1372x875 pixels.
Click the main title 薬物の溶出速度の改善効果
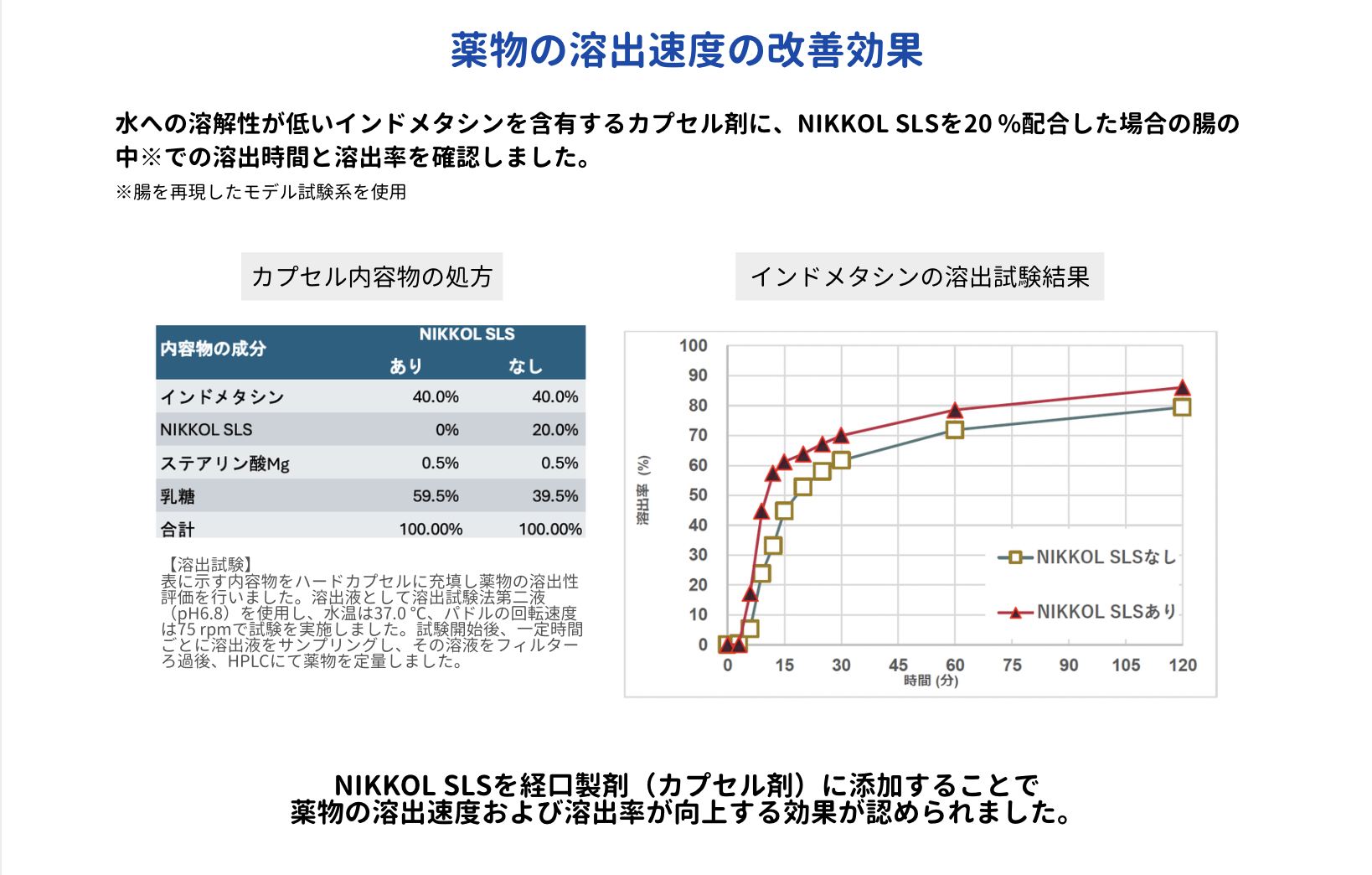point(686,50)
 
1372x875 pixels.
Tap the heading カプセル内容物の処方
point(371,277)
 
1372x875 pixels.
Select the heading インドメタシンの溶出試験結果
point(919,277)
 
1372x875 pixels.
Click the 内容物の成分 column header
point(213,349)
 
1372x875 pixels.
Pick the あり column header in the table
point(405,366)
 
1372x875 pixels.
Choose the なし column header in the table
point(525,366)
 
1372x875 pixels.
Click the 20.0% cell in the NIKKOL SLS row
point(555,430)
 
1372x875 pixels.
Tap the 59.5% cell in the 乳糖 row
point(436,496)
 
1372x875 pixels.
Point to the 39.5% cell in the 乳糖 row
point(555,496)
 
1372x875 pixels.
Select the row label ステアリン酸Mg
point(224,463)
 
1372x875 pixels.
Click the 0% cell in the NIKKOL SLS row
point(446,430)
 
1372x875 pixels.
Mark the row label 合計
point(178,530)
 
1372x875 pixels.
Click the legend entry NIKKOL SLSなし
point(1106,557)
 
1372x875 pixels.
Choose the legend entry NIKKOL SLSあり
point(1106,612)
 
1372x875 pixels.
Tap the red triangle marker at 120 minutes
point(1182,388)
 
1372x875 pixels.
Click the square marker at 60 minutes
point(955,430)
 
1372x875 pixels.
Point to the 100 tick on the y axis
point(693,345)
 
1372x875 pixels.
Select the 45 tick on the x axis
point(898,665)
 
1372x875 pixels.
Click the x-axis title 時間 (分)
point(931,681)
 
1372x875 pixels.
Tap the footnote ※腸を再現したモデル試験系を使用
point(261,192)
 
